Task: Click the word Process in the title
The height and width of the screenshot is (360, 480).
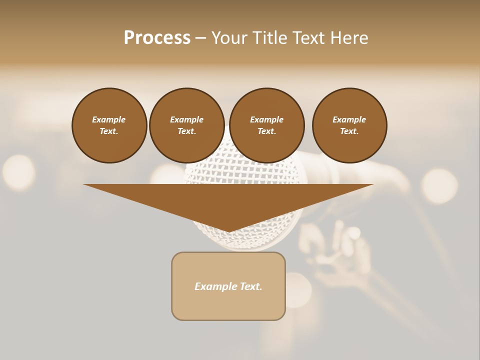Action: point(157,38)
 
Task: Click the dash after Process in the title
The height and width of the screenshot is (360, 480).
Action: point(200,38)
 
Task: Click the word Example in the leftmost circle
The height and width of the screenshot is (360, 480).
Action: point(109,119)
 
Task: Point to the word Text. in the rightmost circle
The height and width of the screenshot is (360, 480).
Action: point(349,131)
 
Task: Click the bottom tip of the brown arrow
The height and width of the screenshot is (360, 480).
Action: point(229,231)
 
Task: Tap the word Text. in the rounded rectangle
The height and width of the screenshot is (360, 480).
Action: point(250,286)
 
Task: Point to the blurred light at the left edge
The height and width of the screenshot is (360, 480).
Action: point(18,172)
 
